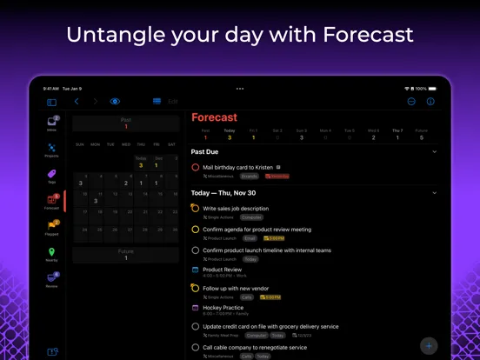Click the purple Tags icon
[x=52, y=175]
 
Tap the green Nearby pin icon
[x=52, y=252]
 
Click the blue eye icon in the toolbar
[x=115, y=102]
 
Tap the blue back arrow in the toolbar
[x=77, y=102]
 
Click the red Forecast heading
[x=214, y=117]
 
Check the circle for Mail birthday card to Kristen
[x=196, y=167]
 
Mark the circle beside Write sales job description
[x=196, y=209]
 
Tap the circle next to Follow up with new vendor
[x=196, y=288]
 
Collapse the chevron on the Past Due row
[x=435, y=151]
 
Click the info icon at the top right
[x=430, y=102]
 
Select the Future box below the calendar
[x=126, y=256]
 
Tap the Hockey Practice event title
[x=223, y=307]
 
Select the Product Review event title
[x=222, y=270]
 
